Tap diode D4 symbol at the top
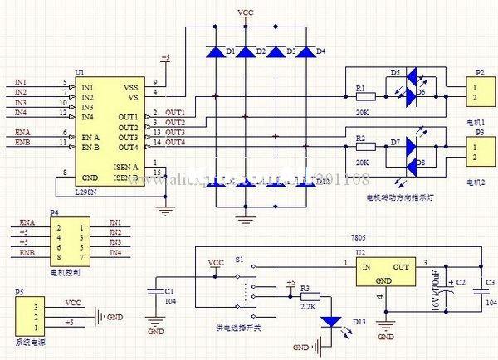click(x=305, y=52)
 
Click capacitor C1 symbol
click(x=155, y=291)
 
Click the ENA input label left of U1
click(x=24, y=133)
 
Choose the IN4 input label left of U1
click(x=21, y=113)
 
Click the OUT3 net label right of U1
click(x=174, y=133)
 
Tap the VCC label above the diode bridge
click(x=246, y=14)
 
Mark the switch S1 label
click(x=239, y=260)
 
